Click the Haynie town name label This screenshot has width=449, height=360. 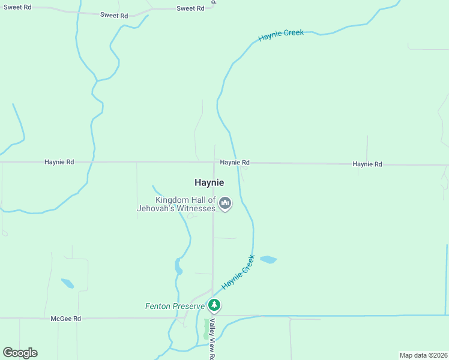[209, 182]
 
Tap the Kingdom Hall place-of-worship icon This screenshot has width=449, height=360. [225, 204]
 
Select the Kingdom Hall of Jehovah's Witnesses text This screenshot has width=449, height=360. [185, 204]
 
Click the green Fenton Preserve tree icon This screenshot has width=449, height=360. [214, 305]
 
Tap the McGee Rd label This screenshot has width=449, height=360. [65, 319]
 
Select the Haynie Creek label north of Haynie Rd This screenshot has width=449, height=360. [281, 35]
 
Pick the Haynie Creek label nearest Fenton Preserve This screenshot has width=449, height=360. [238, 272]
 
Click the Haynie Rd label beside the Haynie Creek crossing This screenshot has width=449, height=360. [234, 163]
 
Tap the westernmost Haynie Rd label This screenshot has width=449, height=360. [59, 162]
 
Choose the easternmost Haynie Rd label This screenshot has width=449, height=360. [367, 164]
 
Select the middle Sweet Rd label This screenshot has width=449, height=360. [113, 15]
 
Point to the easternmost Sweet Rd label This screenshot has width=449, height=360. [190, 8]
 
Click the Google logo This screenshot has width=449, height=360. [20, 353]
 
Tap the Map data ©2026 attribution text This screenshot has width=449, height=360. [423, 355]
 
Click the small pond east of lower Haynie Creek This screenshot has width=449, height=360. [268, 260]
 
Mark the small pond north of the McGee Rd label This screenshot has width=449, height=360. [68, 283]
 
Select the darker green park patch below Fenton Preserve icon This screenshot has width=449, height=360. [207, 328]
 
